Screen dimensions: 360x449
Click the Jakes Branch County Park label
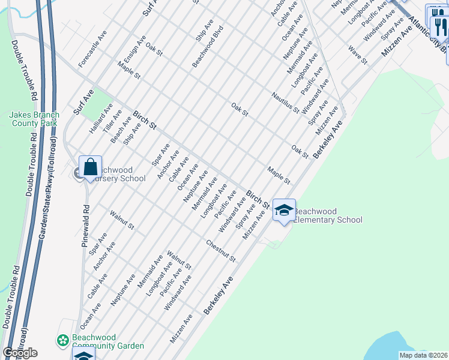tap(33, 119)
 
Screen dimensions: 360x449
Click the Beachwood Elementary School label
tap(328, 215)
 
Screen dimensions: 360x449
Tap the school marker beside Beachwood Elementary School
tap(284, 210)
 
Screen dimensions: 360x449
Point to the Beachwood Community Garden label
tap(107, 341)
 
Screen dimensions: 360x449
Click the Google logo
tap(20, 353)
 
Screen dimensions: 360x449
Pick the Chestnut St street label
tap(221, 251)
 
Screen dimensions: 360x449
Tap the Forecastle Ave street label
tap(92, 49)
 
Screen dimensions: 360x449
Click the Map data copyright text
tap(423, 355)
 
